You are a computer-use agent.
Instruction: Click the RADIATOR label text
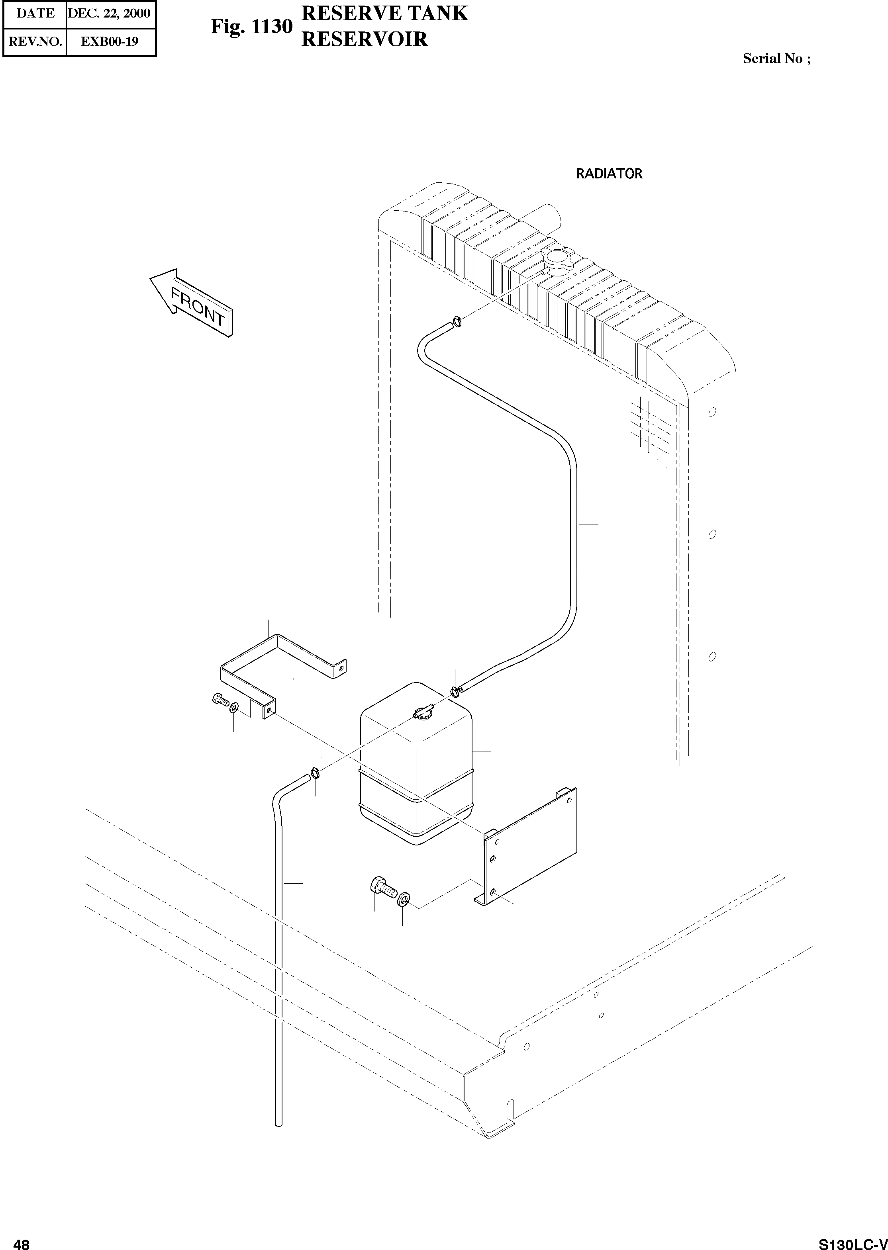tap(609, 174)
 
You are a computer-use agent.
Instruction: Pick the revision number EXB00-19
tap(110, 41)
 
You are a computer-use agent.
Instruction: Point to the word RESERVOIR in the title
tap(364, 39)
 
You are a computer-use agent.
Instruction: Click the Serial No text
tap(776, 59)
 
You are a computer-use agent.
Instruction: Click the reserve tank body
tap(416, 776)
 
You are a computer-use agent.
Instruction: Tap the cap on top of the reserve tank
tap(423, 713)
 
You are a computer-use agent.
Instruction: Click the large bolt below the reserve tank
tap(383, 888)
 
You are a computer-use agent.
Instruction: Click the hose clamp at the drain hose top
tap(315, 772)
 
